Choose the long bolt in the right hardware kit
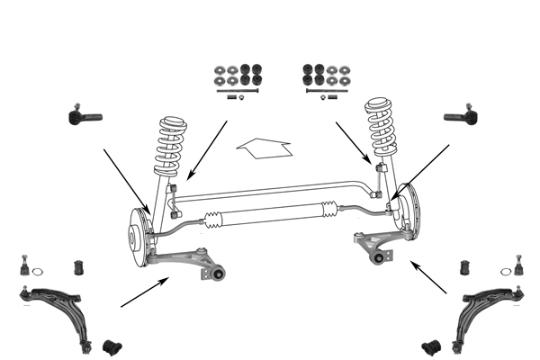(x=326, y=90)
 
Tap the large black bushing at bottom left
(x=113, y=346)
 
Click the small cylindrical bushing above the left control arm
(x=77, y=268)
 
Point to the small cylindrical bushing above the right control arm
(x=464, y=268)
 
